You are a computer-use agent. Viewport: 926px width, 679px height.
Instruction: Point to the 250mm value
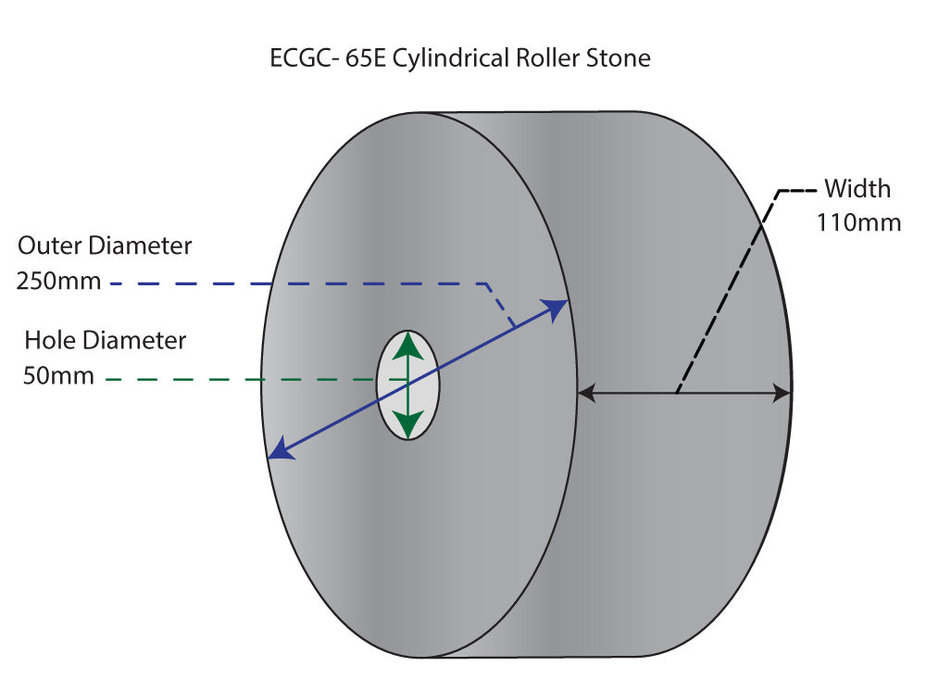tap(58, 280)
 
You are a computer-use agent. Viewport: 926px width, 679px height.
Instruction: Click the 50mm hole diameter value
tap(58, 375)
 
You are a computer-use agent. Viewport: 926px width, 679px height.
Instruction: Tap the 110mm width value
tap(858, 223)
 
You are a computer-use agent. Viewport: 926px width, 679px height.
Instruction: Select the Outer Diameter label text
tap(106, 246)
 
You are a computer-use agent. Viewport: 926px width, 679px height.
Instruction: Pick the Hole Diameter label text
tap(105, 340)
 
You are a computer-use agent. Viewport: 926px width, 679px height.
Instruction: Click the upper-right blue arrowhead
tap(557, 309)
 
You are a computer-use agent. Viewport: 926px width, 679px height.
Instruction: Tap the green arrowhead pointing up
tap(407, 346)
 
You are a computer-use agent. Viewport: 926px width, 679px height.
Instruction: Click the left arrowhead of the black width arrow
tap(586, 394)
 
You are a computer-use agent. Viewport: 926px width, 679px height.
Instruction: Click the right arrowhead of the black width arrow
tap(782, 394)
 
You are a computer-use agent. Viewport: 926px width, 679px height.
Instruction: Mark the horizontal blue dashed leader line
tap(296, 283)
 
